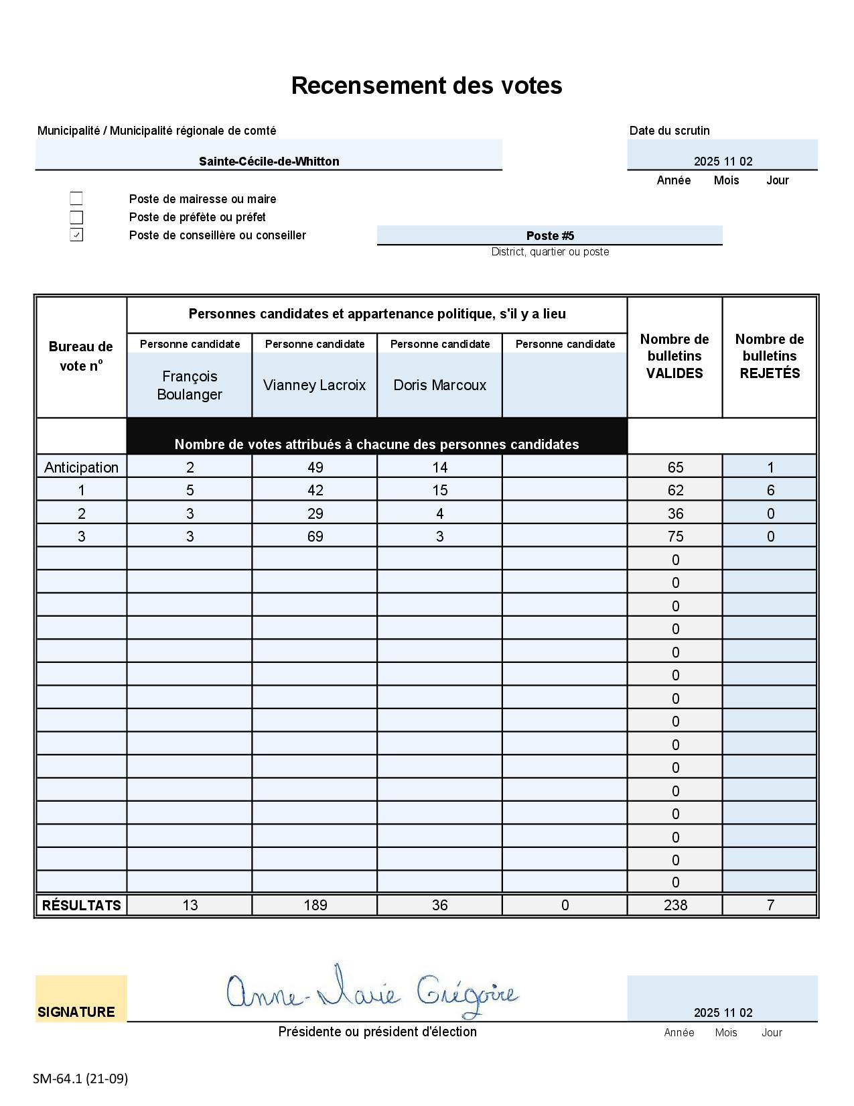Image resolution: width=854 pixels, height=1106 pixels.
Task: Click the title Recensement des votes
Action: [427, 86]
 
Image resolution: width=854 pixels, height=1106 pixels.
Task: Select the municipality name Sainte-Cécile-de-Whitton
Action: [269, 162]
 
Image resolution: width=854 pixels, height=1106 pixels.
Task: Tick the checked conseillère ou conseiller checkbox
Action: [76, 235]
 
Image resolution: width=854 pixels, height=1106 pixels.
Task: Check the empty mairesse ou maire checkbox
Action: [76, 198]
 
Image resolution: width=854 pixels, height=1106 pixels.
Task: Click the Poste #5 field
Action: [550, 235]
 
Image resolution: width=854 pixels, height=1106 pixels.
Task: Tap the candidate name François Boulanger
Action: [190, 385]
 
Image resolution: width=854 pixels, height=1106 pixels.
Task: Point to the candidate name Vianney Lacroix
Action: [315, 385]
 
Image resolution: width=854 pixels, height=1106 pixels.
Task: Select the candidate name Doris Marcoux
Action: [440, 385]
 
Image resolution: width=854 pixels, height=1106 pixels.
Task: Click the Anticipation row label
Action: [81, 467]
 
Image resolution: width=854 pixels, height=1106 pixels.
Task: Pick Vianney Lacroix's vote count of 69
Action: [315, 536]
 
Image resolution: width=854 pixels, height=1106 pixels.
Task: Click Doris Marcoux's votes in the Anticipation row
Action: [440, 467]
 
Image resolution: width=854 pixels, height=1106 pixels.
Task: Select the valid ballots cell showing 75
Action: [675, 536]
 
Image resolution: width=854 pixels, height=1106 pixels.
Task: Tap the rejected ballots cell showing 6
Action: [770, 490]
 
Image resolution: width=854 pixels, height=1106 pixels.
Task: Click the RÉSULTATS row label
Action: [81, 905]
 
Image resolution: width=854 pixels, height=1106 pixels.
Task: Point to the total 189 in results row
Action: [315, 905]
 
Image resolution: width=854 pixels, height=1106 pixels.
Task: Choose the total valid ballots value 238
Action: [675, 905]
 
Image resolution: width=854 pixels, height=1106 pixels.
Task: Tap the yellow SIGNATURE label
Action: [76, 1011]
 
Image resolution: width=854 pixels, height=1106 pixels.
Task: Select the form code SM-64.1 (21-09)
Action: [80, 1079]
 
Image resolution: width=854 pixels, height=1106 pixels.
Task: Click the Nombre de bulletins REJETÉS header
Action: [770, 356]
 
